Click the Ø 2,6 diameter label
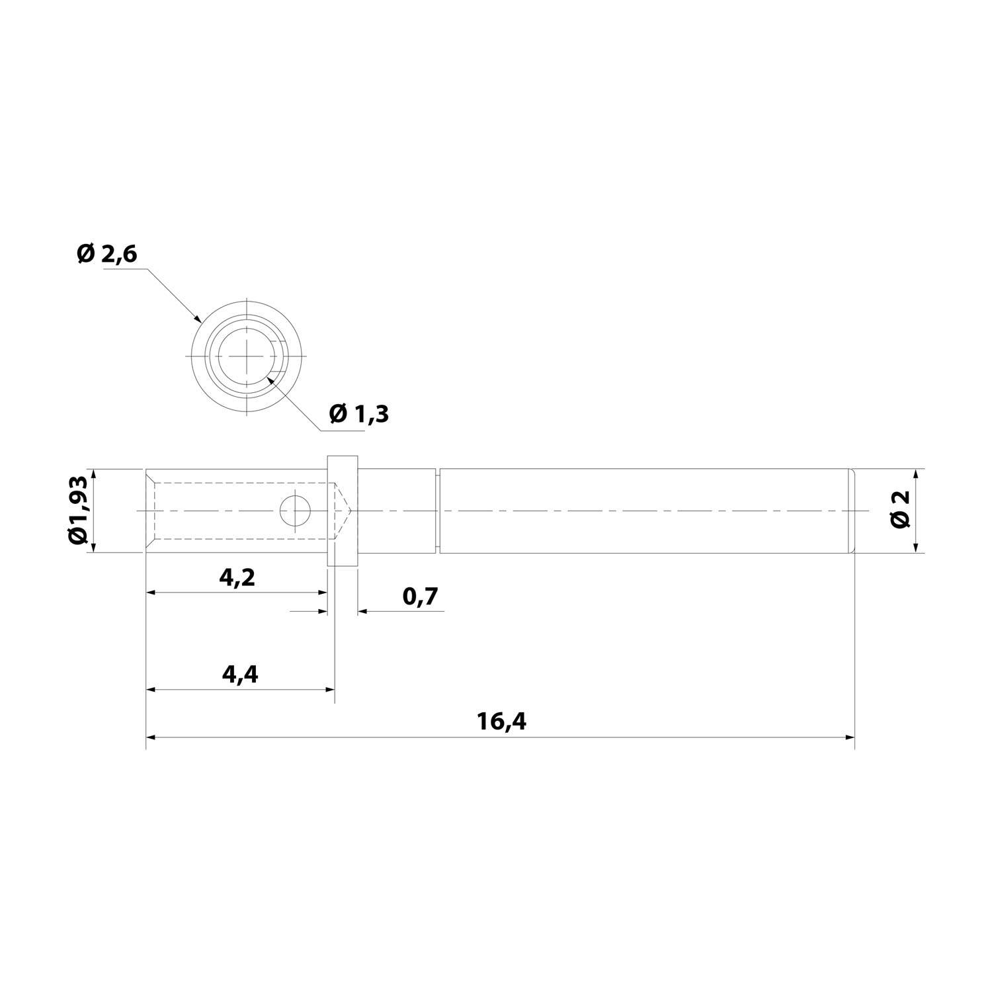pos(106,253)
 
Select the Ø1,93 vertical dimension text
pos(79,510)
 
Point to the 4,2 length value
pos(237,577)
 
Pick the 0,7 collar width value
pos(420,597)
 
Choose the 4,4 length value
pos(239,674)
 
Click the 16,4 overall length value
pos(501,722)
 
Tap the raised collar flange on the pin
pos(343,510)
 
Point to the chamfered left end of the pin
pos(150,511)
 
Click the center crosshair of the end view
pos(247,356)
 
